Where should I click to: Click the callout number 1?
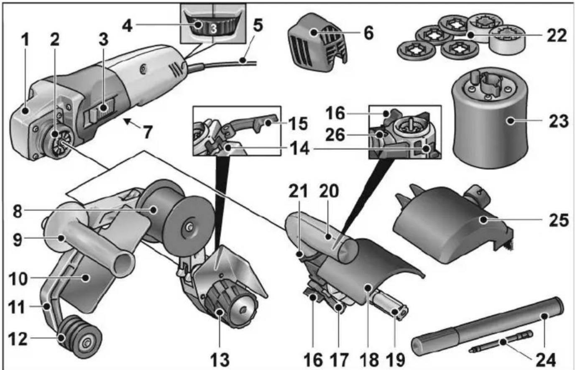click(26, 41)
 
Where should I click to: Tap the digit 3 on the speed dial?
click(213, 29)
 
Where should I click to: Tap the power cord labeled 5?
click(234, 63)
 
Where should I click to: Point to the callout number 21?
click(300, 191)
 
